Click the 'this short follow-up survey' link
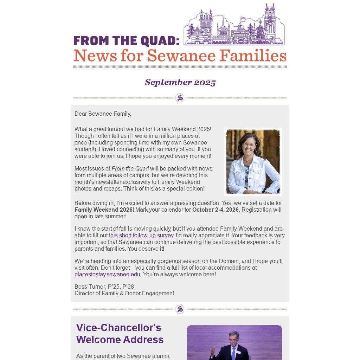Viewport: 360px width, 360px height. pyautogui.click(x=141, y=236)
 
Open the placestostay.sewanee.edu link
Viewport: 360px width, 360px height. pyautogui.click(x=107, y=275)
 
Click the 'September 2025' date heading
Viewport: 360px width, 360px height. pyautogui.click(x=180, y=82)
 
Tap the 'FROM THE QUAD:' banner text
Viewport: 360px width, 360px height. pyautogui.click(x=126, y=41)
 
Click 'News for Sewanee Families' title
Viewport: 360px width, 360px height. pyautogui.click(x=180, y=56)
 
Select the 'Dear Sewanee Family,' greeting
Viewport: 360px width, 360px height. pyautogui.click(x=103, y=114)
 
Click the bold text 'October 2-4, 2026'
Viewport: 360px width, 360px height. pyautogui.click(x=215, y=210)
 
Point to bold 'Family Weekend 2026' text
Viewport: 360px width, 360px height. pyautogui.click(x=103, y=210)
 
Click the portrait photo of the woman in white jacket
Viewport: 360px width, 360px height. pyautogui.click(x=253, y=162)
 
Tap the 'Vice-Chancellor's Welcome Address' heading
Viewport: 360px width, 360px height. pyautogui.click(x=120, y=334)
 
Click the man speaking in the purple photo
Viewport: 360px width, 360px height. pyautogui.click(x=233, y=346)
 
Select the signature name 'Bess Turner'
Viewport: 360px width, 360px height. pyautogui.click(x=90, y=287)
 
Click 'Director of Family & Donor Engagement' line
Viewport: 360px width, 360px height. pyautogui.click(x=124, y=294)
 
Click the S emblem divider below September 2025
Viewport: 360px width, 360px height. pyautogui.click(x=180, y=98)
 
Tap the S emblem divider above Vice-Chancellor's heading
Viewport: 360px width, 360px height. pyautogui.click(x=180, y=309)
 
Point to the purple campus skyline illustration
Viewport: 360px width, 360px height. pyautogui.click(x=234, y=26)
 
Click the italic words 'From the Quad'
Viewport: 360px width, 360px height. pyautogui.click(x=130, y=169)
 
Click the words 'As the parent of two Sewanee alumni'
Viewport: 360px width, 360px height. pyautogui.click(x=123, y=356)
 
